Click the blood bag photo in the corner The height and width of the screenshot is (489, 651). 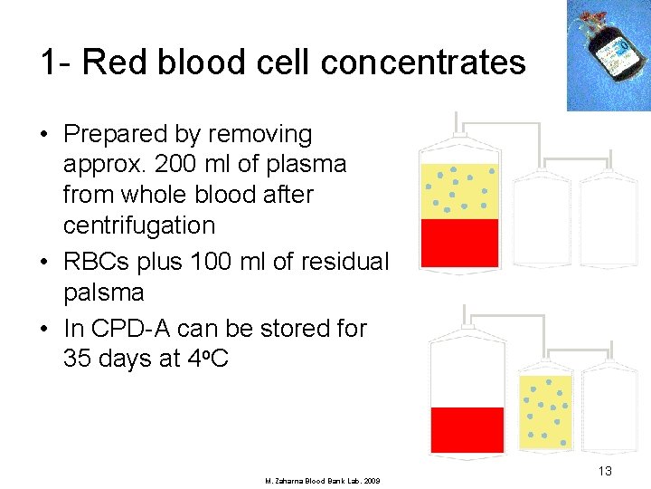tap(608, 54)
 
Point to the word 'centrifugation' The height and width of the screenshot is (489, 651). tap(139, 225)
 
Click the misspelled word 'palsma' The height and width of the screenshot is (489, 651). tap(104, 292)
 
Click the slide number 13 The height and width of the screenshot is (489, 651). tap(604, 471)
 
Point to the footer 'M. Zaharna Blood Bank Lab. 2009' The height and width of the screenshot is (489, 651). tap(322, 480)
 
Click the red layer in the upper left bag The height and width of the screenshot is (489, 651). tap(459, 242)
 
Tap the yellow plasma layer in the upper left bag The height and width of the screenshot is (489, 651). tap(459, 191)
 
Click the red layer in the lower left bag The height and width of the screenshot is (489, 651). tap(467, 428)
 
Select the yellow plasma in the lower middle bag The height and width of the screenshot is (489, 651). tap(546, 410)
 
